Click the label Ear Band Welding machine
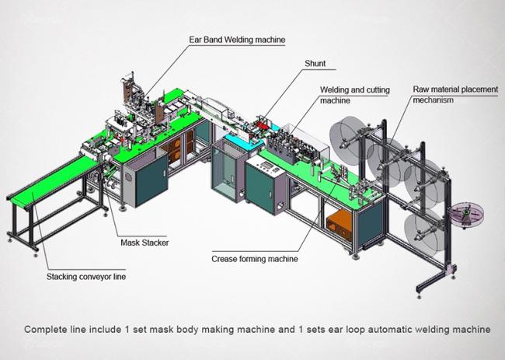(x=237, y=40)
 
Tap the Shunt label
(x=315, y=64)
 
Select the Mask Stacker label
(x=145, y=243)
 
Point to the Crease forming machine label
(x=254, y=259)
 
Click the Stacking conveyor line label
(x=86, y=277)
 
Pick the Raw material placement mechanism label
(x=455, y=94)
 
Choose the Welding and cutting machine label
(x=354, y=95)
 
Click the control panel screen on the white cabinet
(x=266, y=165)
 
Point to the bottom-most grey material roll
(x=424, y=232)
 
